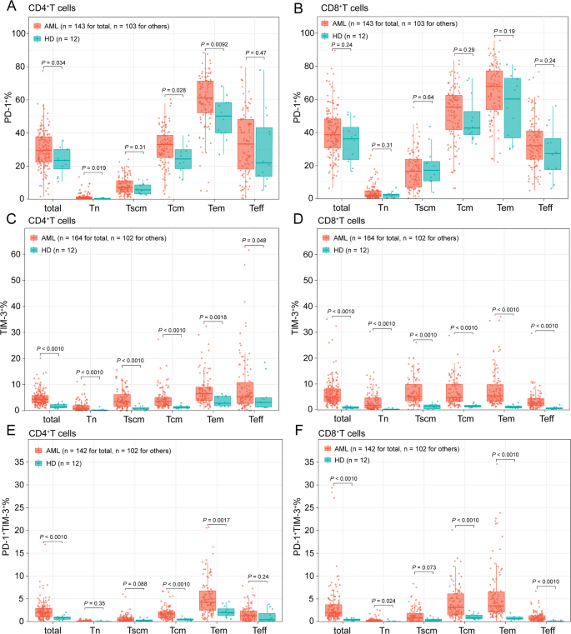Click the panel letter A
point(7,8)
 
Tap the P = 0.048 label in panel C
point(256,242)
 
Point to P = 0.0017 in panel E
point(214,519)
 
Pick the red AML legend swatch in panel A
point(38,25)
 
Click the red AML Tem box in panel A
point(204,97)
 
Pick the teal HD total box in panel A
point(62,158)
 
